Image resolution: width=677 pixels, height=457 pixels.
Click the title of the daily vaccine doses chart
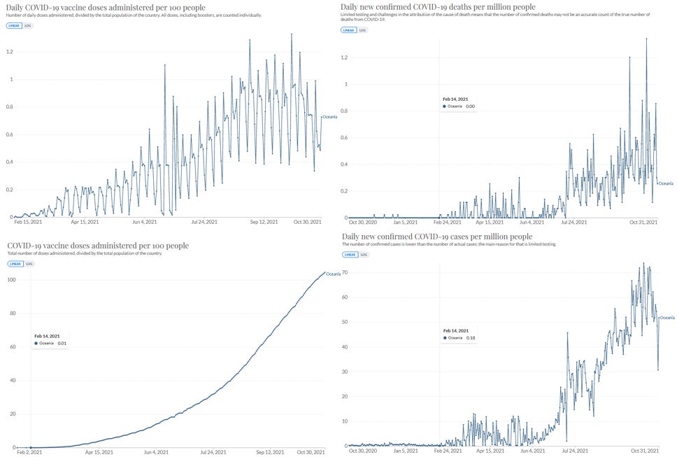pos(106,8)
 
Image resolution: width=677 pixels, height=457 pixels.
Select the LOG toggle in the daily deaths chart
pos(362,30)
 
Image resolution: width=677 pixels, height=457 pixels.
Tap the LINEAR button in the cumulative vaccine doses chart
pos(15,264)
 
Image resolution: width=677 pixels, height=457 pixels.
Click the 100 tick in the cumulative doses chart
pos(10,279)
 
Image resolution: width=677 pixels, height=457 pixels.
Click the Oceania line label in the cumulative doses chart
pos(333,274)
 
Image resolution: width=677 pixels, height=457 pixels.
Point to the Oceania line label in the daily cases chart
pos(667,318)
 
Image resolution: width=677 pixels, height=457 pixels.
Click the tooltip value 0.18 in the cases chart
pos(471,338)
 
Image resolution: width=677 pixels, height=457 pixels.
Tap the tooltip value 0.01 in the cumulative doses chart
pos(62,344)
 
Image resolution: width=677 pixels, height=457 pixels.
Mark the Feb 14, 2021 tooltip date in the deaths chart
pos(455,99)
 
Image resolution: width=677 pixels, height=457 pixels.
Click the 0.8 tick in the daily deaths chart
pos(345,111)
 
